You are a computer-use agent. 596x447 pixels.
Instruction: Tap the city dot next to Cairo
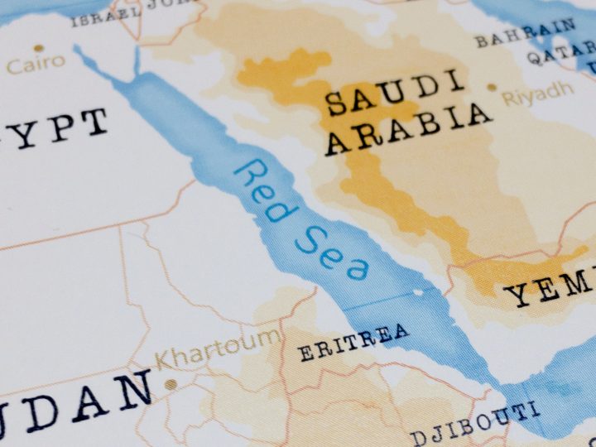11,66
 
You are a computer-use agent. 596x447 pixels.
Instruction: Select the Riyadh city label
537,94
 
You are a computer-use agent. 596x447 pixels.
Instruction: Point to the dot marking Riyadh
492,87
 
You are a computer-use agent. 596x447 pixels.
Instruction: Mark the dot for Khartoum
171,384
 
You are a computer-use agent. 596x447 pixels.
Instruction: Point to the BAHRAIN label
525,34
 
